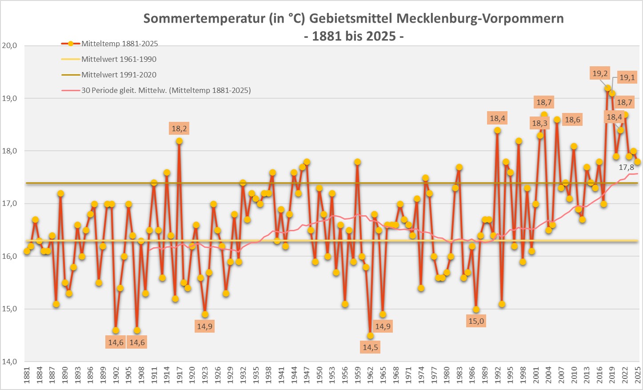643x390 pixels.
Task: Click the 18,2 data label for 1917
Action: coord(179,129)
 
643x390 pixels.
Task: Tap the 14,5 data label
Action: coord(370,347)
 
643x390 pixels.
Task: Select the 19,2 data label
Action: coord(600,73)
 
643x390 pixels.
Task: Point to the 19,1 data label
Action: coord(627,77)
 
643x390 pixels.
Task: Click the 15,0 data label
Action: coord(476,321)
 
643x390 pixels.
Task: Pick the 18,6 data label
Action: coord(572,120)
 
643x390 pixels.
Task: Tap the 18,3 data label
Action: coord(539,123)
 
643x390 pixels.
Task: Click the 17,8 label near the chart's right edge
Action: coord(626,167)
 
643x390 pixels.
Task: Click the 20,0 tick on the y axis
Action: coord(9,45)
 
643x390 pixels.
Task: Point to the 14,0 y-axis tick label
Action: coord(9,362)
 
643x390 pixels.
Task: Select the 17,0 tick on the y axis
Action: coord(9,204)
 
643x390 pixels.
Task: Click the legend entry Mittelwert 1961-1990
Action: coord(119,59)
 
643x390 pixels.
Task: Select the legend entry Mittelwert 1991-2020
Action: coord(119,75)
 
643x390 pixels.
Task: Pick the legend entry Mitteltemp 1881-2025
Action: coord(120,44)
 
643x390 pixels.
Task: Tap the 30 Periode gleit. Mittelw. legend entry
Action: coord(166,90)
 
